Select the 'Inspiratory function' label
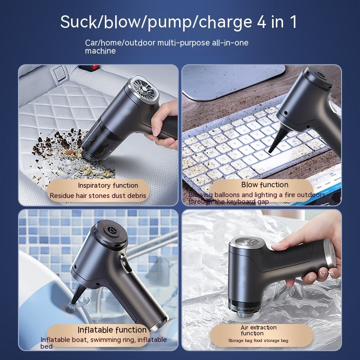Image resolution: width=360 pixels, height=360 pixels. pyautogui.click(x=108, y=185)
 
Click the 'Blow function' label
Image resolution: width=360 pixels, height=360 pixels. pyautogui.click(x=265, y=184)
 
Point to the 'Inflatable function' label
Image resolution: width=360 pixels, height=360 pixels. pyautogui.click(x=112, y=330)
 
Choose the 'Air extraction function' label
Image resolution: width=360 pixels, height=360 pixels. pyautogui.click(x=258, y=330)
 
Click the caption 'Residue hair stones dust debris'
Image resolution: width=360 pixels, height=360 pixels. pyautogui.click(x=98, y=196)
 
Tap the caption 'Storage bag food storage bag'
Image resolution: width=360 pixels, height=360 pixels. pyautogui.click(x=258, y=341)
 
